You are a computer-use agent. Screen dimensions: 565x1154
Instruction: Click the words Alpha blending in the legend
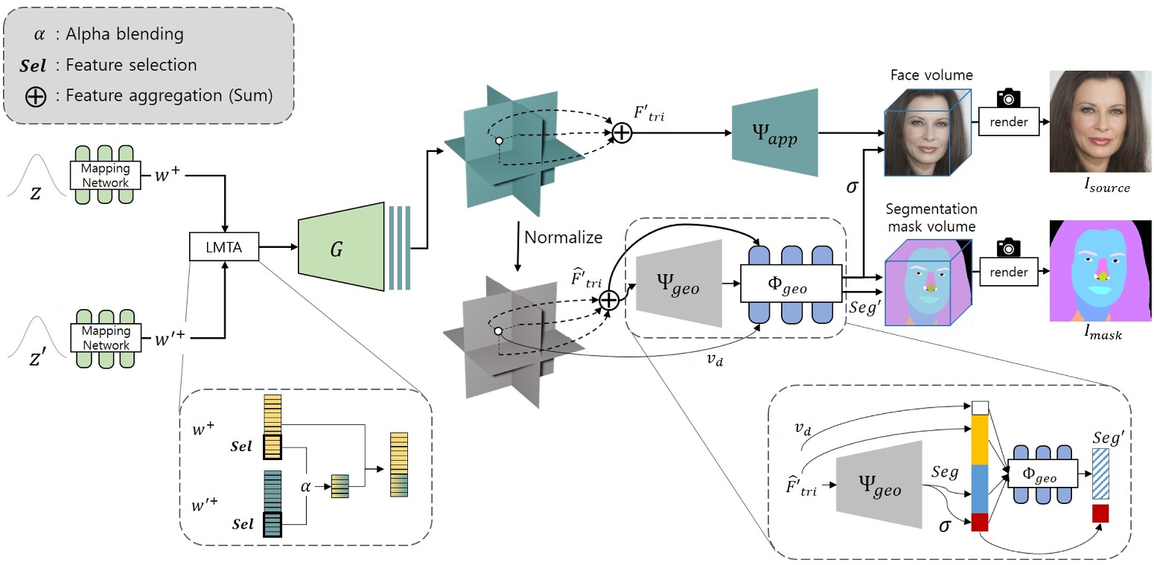(x=124, y=34)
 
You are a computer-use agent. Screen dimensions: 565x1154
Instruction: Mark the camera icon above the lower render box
(x=1009, y=246)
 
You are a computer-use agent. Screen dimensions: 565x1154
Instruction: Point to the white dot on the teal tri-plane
(x=498, y=139)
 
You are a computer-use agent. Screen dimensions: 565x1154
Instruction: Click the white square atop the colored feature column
(x=980, y=407)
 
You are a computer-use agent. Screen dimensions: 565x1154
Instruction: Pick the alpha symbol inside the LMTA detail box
(x=305, y=486)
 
